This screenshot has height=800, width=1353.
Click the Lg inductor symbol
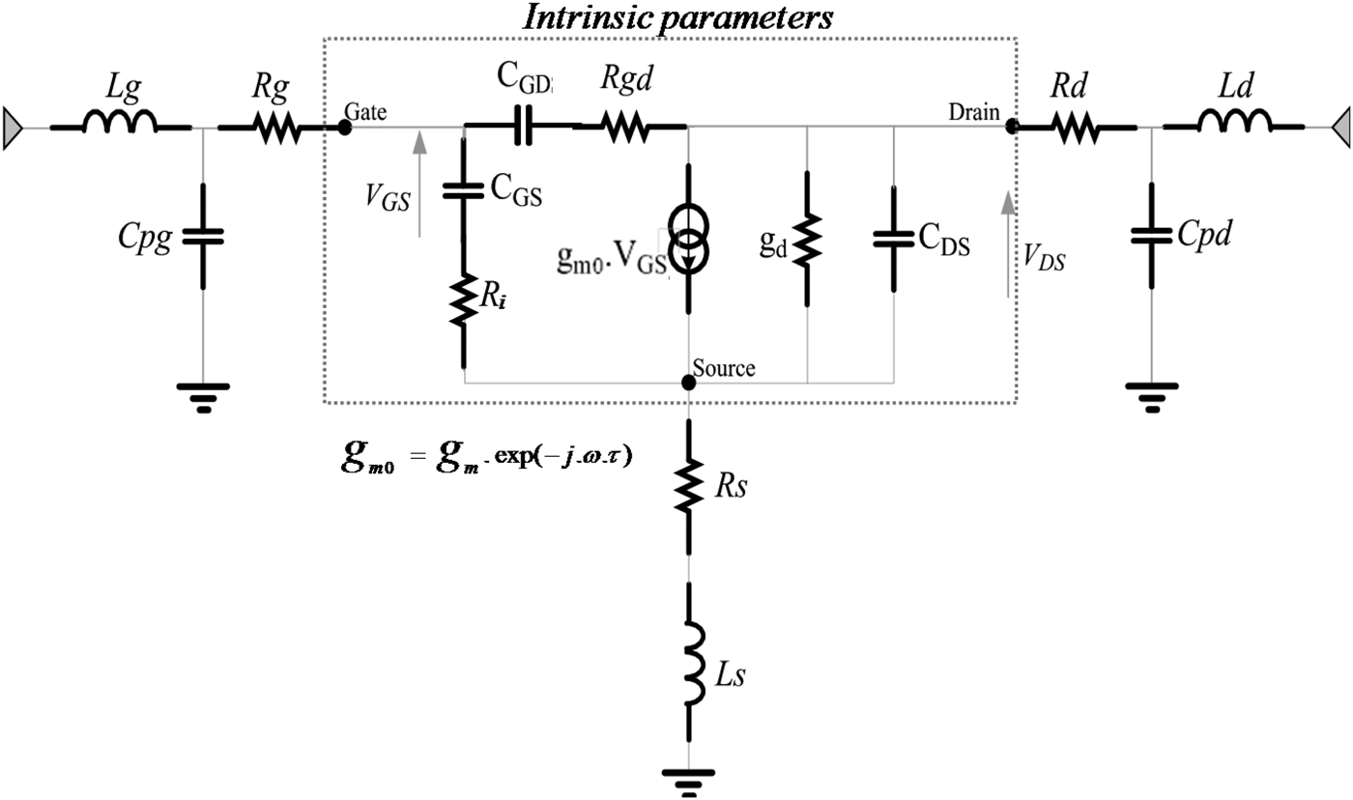pyautogui.click(x=120, y=124)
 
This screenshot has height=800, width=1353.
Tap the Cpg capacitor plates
pyautogui.click(x=203, y=236)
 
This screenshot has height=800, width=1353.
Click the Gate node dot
pyautogui.click(x=345, y=127)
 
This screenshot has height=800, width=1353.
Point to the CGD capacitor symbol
pyautogui.click(x=523, y=126)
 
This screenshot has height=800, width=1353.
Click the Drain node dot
pyautogui.click(x=1011, y=127)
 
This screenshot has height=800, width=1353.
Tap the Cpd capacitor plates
pyautogui.click(x=1152, y=236)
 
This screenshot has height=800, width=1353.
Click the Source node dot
pyautogui.click(x=688, y=383)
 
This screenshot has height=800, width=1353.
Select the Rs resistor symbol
pyautogui.click(x=688, y=485)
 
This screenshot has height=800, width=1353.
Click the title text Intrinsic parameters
pyautogui.click(x=679, y=17)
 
